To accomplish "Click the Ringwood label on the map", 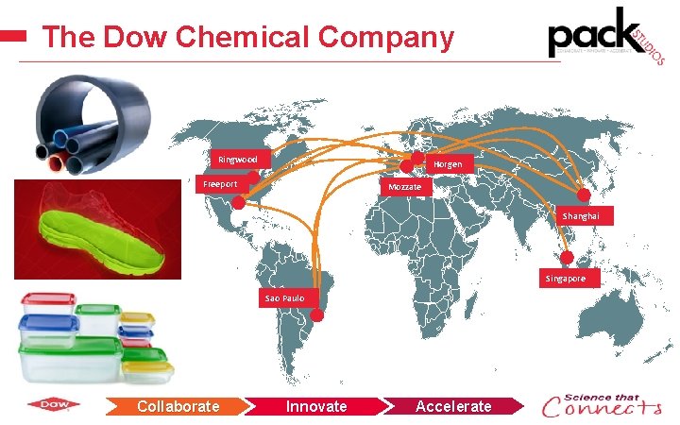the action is [x=238, y=159].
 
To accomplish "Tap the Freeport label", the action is [x=220, y=183].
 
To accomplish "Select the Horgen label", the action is [x=448, y=164].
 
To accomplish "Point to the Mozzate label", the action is [x=406, y=187].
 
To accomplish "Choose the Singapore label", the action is [x=565, y=279].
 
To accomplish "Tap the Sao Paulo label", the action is [x=284, y=298].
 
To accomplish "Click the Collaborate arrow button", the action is [x=178, y=406].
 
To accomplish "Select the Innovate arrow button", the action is [x=316, y=406].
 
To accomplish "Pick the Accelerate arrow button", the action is [x=454, y=406].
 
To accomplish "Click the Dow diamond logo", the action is [x=54, y=406].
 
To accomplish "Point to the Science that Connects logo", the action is [x=602, y=405].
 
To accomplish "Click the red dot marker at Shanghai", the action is [x=583, y=195].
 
